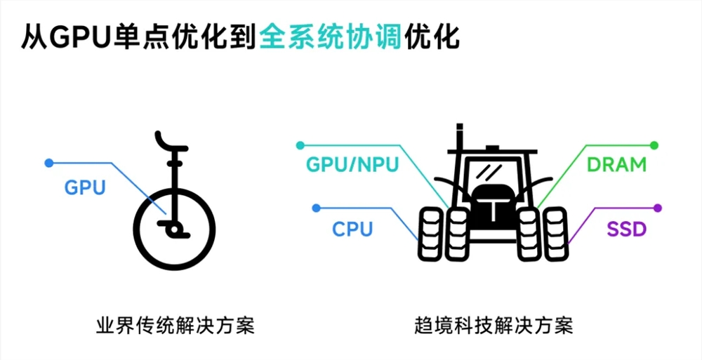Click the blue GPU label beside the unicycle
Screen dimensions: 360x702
coord(84,187)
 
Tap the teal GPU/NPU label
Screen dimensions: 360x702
coord(352,165)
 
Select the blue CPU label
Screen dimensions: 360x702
coord(352,229)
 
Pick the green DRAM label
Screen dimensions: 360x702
coord(616,165)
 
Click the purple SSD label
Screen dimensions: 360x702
coord(625,229)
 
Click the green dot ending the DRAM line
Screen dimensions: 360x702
coord(654,145)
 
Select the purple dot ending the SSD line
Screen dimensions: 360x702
coord(658,208)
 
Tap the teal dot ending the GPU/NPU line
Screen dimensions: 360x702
coord(301,145)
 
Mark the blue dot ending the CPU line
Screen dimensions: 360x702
coord(317,208)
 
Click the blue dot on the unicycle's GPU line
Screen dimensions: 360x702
coord(48,163)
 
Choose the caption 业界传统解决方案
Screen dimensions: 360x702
coord(174,326)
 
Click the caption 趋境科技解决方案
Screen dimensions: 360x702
coord(494,326)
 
